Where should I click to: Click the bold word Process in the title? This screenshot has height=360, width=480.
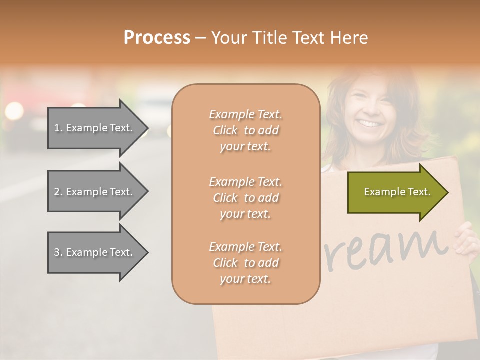click(x=157, y=38)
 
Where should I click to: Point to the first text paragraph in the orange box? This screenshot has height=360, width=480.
click(x=245, y=130)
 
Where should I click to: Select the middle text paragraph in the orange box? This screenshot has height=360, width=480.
click(x=245, y=198)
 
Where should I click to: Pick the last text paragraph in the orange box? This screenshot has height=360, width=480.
click(x=245, y=263)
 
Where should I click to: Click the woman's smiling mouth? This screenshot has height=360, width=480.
click(x=370, y=123)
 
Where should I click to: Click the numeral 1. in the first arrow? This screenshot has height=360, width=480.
click(x=58, y=128)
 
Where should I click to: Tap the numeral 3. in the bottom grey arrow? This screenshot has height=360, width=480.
click(x=58, y=252)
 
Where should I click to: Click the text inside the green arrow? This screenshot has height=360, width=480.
click(x=397, y=192)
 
